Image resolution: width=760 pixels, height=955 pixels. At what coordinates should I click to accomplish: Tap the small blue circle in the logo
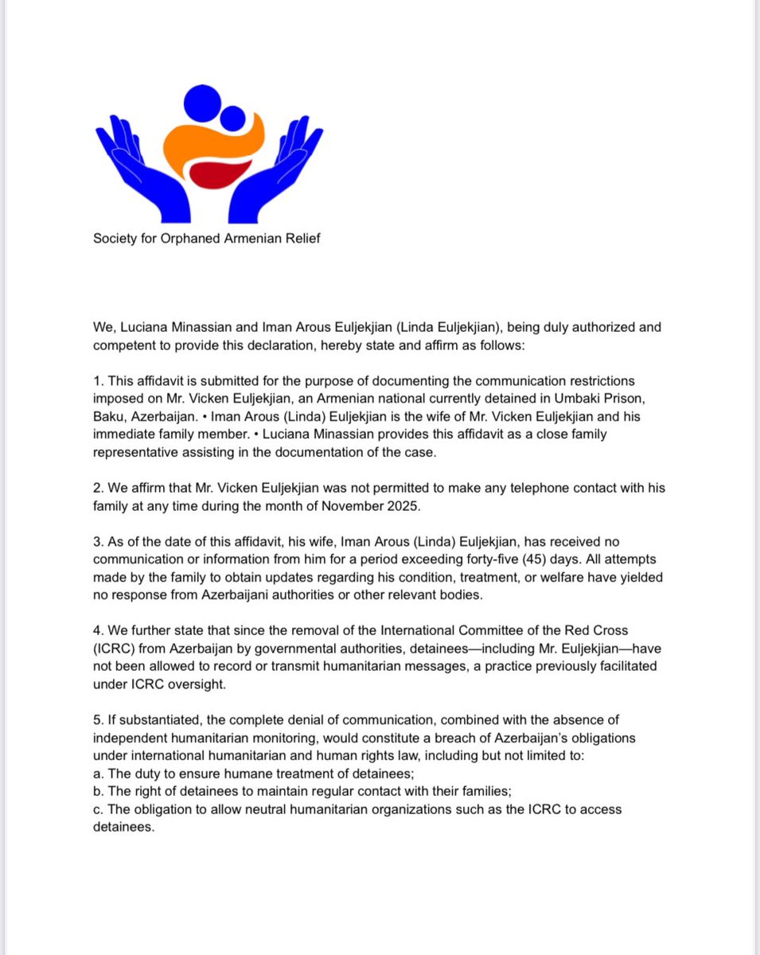pyautogui.click(x=232, y=119)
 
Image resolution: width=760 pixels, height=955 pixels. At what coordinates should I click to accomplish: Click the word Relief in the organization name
pyautogui.click(x=302, y=238)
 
